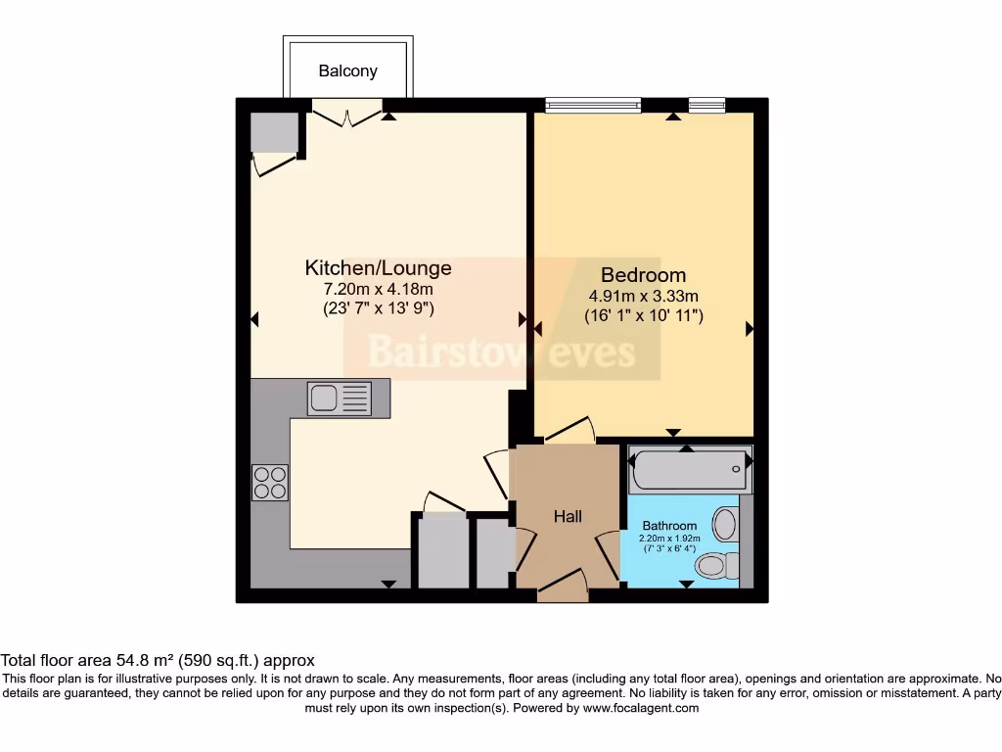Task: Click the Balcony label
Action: click(347, 71)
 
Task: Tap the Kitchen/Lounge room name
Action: click(379, 267)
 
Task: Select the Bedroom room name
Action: click(643, 275)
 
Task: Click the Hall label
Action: click(568, 516)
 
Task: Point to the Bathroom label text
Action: click(669, 526)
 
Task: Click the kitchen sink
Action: click(340, 398)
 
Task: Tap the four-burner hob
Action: click(270, 482)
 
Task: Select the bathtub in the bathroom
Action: click(689, 471)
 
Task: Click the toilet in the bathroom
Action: click(720, 564)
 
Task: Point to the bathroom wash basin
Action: click(725, 524)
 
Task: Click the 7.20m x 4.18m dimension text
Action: click(379, 289)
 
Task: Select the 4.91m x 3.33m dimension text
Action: click(643, 296)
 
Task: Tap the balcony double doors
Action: click(345, 115)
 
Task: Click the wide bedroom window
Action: click(593, 103)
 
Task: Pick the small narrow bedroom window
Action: click(706, 103)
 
